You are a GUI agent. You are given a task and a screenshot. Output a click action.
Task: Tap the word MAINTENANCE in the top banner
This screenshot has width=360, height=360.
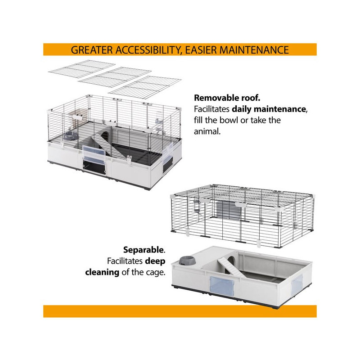click(x=254, y=50)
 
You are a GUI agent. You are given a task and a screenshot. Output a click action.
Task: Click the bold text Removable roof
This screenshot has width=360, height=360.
click(x=227, y=98)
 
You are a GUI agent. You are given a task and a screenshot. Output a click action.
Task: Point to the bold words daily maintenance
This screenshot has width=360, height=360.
click(x=268, y=109)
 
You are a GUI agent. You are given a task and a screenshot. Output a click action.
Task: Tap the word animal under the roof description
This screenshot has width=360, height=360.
click(x=207, y=131)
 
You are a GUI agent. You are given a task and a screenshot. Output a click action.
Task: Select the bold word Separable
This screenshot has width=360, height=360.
click(x=144, y=250)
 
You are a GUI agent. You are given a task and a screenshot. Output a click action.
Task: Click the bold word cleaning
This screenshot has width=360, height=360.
click(x=102, y=272)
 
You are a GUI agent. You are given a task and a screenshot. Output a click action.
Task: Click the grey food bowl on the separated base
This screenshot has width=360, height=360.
click(x=187, y=261)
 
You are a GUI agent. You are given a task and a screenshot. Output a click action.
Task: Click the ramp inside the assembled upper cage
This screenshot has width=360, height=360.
click(x=109, y=146)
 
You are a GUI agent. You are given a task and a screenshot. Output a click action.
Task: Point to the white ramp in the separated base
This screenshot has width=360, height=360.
click(x=230, y=266)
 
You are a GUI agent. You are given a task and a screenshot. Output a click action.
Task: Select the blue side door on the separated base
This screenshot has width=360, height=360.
click(x=297, y=285)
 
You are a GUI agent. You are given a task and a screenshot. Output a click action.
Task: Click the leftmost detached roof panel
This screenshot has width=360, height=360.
click(x=82, y=69)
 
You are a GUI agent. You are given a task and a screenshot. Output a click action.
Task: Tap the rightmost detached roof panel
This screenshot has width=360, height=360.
click(x=145, y=87)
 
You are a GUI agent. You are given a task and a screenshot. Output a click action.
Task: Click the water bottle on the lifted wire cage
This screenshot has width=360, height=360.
click(x=197, y=207)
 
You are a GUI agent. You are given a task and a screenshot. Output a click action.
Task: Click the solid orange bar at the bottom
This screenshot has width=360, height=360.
click(x=180, y=311)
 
